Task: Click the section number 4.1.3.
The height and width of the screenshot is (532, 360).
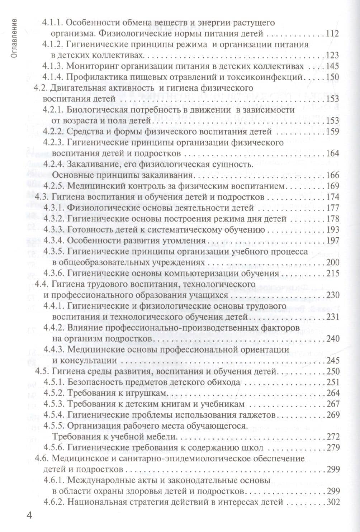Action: click(x=53, y=67)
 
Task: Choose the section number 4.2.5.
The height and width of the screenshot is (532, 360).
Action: click(x=53, y=186)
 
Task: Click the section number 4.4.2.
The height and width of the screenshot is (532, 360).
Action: click(x=53, y=328)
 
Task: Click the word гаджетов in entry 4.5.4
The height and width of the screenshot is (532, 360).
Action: click(x=255, y=415)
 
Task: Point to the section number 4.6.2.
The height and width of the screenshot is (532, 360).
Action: click(x=53, y=502)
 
